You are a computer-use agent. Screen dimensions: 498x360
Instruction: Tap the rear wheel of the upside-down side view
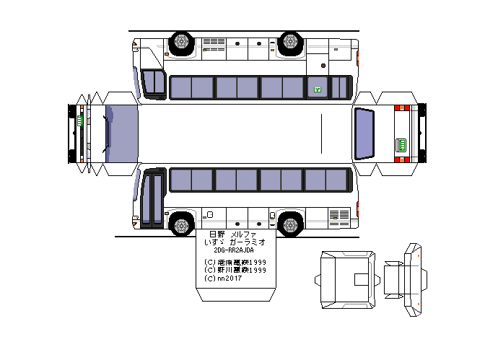tap(290, 43)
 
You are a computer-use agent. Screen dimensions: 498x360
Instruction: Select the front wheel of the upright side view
tap(182, 223)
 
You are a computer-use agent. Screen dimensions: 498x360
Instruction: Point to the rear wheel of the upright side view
tap(290, 223)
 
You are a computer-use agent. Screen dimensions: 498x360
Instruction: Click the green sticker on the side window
tap(316, 89)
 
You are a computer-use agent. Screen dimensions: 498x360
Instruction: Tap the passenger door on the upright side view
tap(152, 198)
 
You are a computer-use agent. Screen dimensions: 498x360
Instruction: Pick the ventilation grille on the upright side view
tap(338, 215)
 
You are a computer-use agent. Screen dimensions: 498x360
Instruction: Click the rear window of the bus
tap(365, 133)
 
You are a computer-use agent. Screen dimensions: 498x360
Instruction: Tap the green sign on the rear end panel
tap(401, 146)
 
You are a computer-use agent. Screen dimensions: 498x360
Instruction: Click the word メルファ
tap(244, 235)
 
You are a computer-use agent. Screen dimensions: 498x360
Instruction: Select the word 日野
tap(217, 235)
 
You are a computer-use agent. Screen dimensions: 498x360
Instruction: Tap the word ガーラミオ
tap(245, 243)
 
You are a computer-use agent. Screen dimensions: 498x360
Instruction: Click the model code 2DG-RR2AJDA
tap(235, 251)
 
